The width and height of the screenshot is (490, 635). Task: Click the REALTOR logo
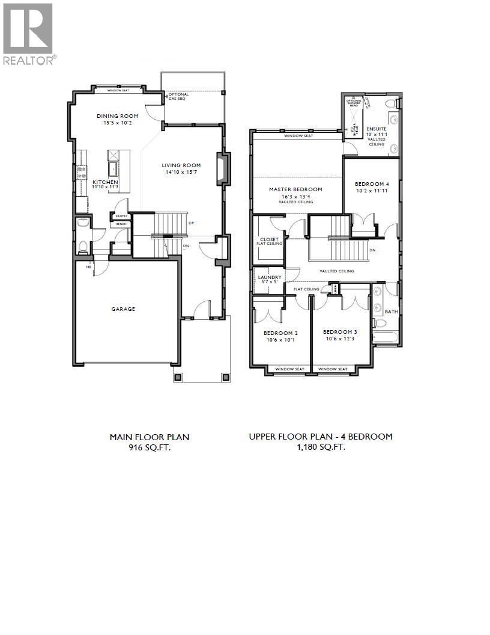(29, 33)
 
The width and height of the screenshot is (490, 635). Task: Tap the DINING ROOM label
(118, 116)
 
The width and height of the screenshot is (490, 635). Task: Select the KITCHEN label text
(104, 182)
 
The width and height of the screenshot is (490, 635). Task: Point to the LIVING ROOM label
(181, 165)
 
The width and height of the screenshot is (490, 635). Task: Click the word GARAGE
(122, 309)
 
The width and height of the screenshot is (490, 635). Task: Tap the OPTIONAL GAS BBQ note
(178, 96)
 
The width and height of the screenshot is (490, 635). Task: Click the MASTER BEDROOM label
(295, 189)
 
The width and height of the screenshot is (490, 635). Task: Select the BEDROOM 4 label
(372, 184)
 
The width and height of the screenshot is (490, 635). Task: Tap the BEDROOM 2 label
(280, 333)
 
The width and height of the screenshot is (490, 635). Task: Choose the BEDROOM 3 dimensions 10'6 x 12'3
(340, 339)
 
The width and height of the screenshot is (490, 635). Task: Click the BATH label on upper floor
(391, 311)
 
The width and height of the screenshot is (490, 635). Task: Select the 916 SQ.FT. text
(150, 447)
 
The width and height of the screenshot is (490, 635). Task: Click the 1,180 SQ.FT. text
(321, 447)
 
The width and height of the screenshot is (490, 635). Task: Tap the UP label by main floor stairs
(191, 223)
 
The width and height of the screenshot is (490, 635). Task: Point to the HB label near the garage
(89, 267)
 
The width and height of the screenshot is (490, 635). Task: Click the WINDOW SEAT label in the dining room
(121, 91)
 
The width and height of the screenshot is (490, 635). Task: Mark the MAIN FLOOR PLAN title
(150, 437)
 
